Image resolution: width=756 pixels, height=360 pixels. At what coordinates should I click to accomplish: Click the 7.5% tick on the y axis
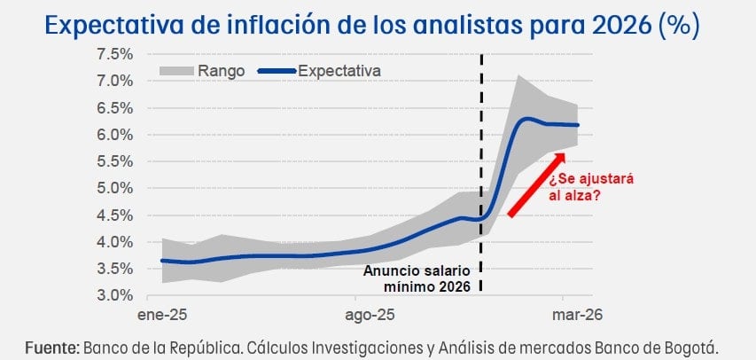click(x=114, y=54)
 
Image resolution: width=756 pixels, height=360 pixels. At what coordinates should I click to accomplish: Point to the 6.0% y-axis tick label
click(x=114, y=135)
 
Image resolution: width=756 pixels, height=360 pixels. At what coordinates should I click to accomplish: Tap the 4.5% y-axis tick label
click(x=114, y=215)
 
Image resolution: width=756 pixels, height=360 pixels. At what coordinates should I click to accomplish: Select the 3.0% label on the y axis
click(x=114, y=295)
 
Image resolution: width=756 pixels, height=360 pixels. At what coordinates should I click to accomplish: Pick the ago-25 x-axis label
click(x=370, y=316)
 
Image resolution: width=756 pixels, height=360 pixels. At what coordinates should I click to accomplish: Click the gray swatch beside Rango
click(x=177, y=71)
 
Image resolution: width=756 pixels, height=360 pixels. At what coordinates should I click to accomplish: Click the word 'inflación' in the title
click(x=242, y=24)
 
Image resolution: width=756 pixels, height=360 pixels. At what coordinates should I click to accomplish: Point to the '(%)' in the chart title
click(x=681, y=24)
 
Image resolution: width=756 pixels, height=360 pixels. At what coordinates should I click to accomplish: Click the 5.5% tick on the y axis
click(x=114, y=161)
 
